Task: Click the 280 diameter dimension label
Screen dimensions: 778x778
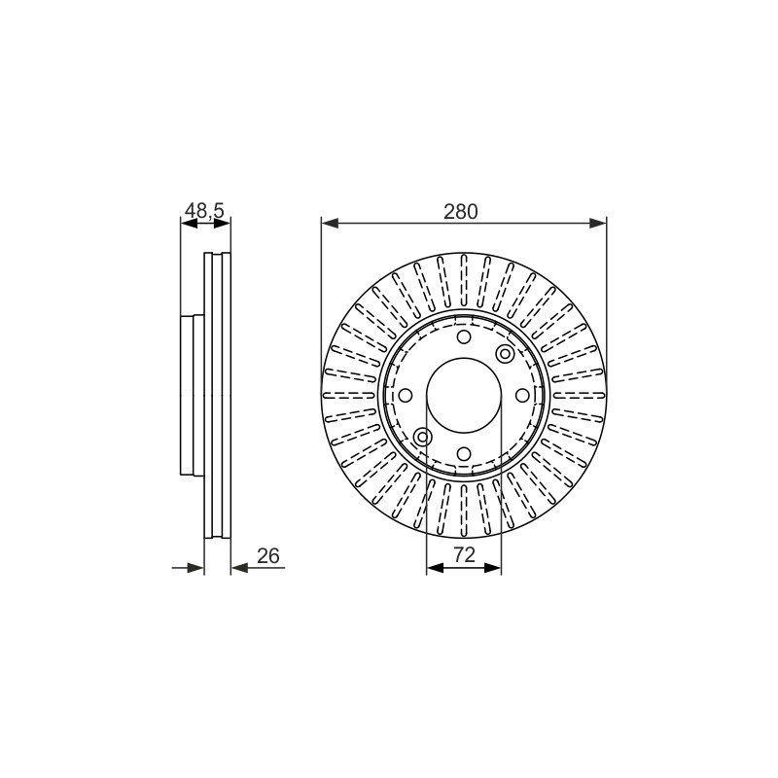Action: tap(460, 211)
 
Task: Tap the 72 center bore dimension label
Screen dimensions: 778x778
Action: tap(464, 554)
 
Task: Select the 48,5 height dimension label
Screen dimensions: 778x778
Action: tap(204, 211)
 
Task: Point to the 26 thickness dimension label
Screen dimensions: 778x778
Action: tap(268, 555)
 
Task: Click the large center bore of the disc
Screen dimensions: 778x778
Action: tap(464, 396)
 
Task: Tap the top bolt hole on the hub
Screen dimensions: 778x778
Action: tap(464, 337)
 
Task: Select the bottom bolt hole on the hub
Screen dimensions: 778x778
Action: tap(464, 453)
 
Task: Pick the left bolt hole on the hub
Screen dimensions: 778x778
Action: tap(406, 396)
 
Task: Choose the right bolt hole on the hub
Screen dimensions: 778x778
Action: tap(522, 396)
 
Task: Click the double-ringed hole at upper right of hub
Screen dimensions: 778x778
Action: tap(505, 354)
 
